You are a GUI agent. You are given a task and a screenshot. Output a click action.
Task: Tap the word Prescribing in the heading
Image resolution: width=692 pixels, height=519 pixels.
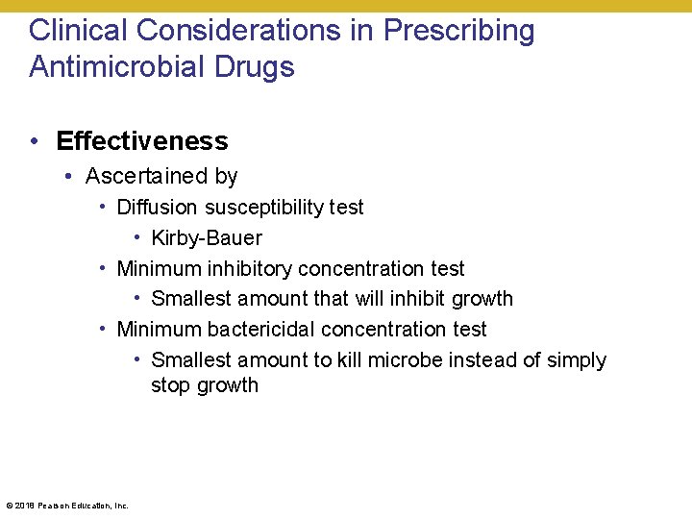(x=459, y=31)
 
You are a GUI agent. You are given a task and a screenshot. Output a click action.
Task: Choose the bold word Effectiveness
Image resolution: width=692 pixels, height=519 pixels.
(x=142, y=141)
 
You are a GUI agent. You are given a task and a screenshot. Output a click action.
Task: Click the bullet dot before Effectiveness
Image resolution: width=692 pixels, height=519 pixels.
(x=34, y=141)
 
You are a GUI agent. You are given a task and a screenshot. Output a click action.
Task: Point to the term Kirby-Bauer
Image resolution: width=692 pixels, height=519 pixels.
(x=207, y=238)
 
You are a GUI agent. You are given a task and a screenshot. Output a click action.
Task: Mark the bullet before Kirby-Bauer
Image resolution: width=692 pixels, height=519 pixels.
(x=137, y=237)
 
